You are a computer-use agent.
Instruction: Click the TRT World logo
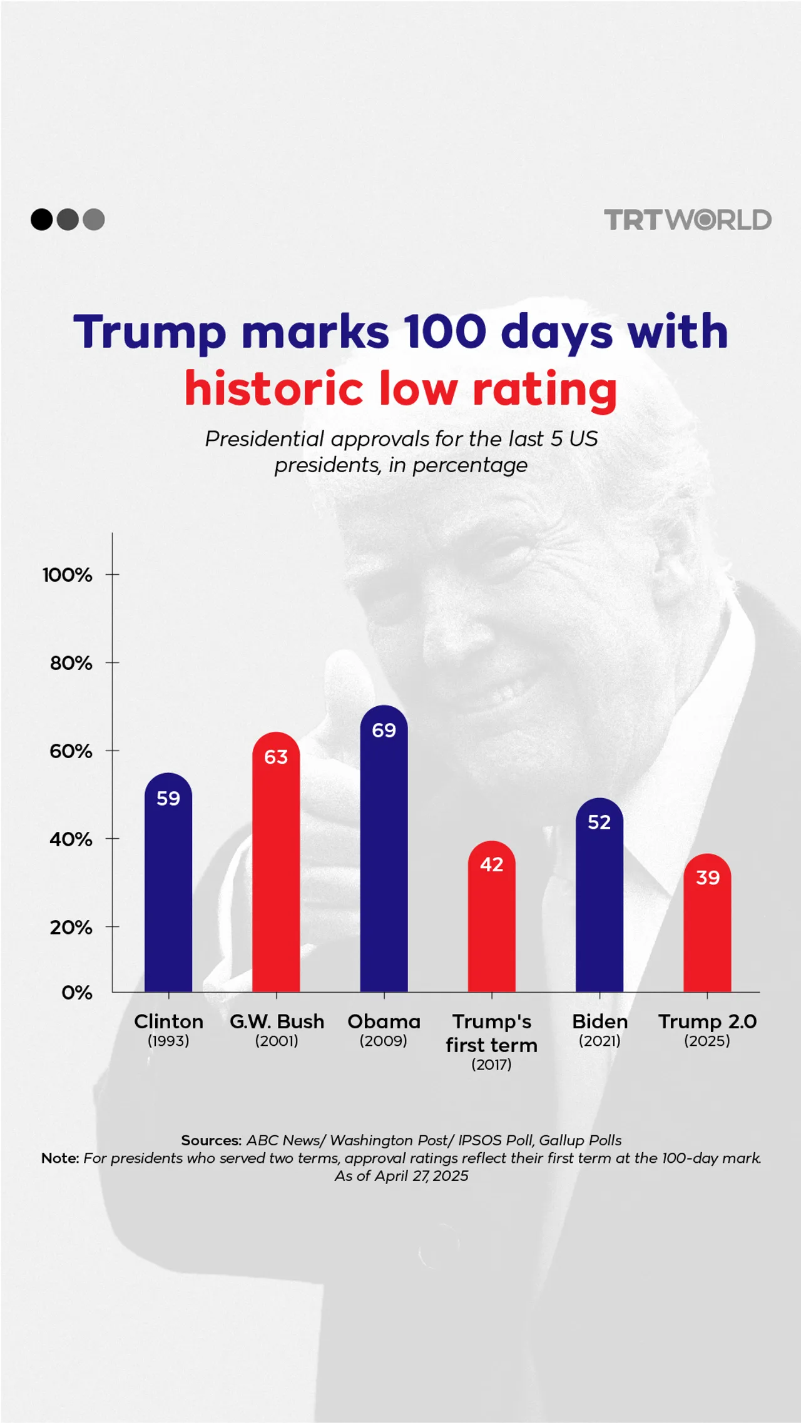(x=687, y=220)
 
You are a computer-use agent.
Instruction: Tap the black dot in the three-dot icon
(x=42, y=220)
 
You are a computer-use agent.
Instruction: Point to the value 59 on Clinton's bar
(x=168, y=799)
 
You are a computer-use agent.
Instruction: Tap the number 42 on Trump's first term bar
(x=492, y=864)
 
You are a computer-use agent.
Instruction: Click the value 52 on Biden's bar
(x=599, y=822)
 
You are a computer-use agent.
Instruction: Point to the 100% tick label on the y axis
(x=67, y=575)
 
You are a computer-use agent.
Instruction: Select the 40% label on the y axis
(x=71, y=839)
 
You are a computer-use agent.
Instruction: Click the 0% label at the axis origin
(x=76, y=993)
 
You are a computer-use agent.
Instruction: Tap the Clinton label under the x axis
(x=168, y=1021)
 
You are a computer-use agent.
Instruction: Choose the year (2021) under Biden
(x=599, y=1041)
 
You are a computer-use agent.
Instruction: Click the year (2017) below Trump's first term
(x=492, y=1064)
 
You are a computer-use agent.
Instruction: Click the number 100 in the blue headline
(x=444, y=332)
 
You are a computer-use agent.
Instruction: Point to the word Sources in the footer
(x=211, y=1140)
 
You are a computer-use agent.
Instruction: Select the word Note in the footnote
(x=60, y=1158)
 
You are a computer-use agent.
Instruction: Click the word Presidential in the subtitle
(x=263, y=439)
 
